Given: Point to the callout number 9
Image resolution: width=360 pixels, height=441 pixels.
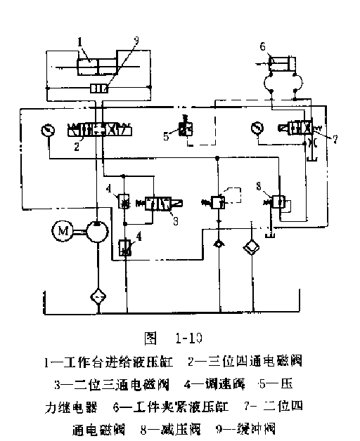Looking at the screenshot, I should (x=136, y=41).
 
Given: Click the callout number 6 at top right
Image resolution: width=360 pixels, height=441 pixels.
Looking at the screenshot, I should (x=263, y=47).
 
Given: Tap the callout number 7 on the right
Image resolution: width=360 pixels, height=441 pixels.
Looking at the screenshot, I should (x=335, y=139).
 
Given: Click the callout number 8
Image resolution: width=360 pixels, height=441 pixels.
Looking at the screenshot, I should (x=259, y=186).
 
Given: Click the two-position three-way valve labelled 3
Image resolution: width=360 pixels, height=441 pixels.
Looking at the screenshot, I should (x=160, y=204).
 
